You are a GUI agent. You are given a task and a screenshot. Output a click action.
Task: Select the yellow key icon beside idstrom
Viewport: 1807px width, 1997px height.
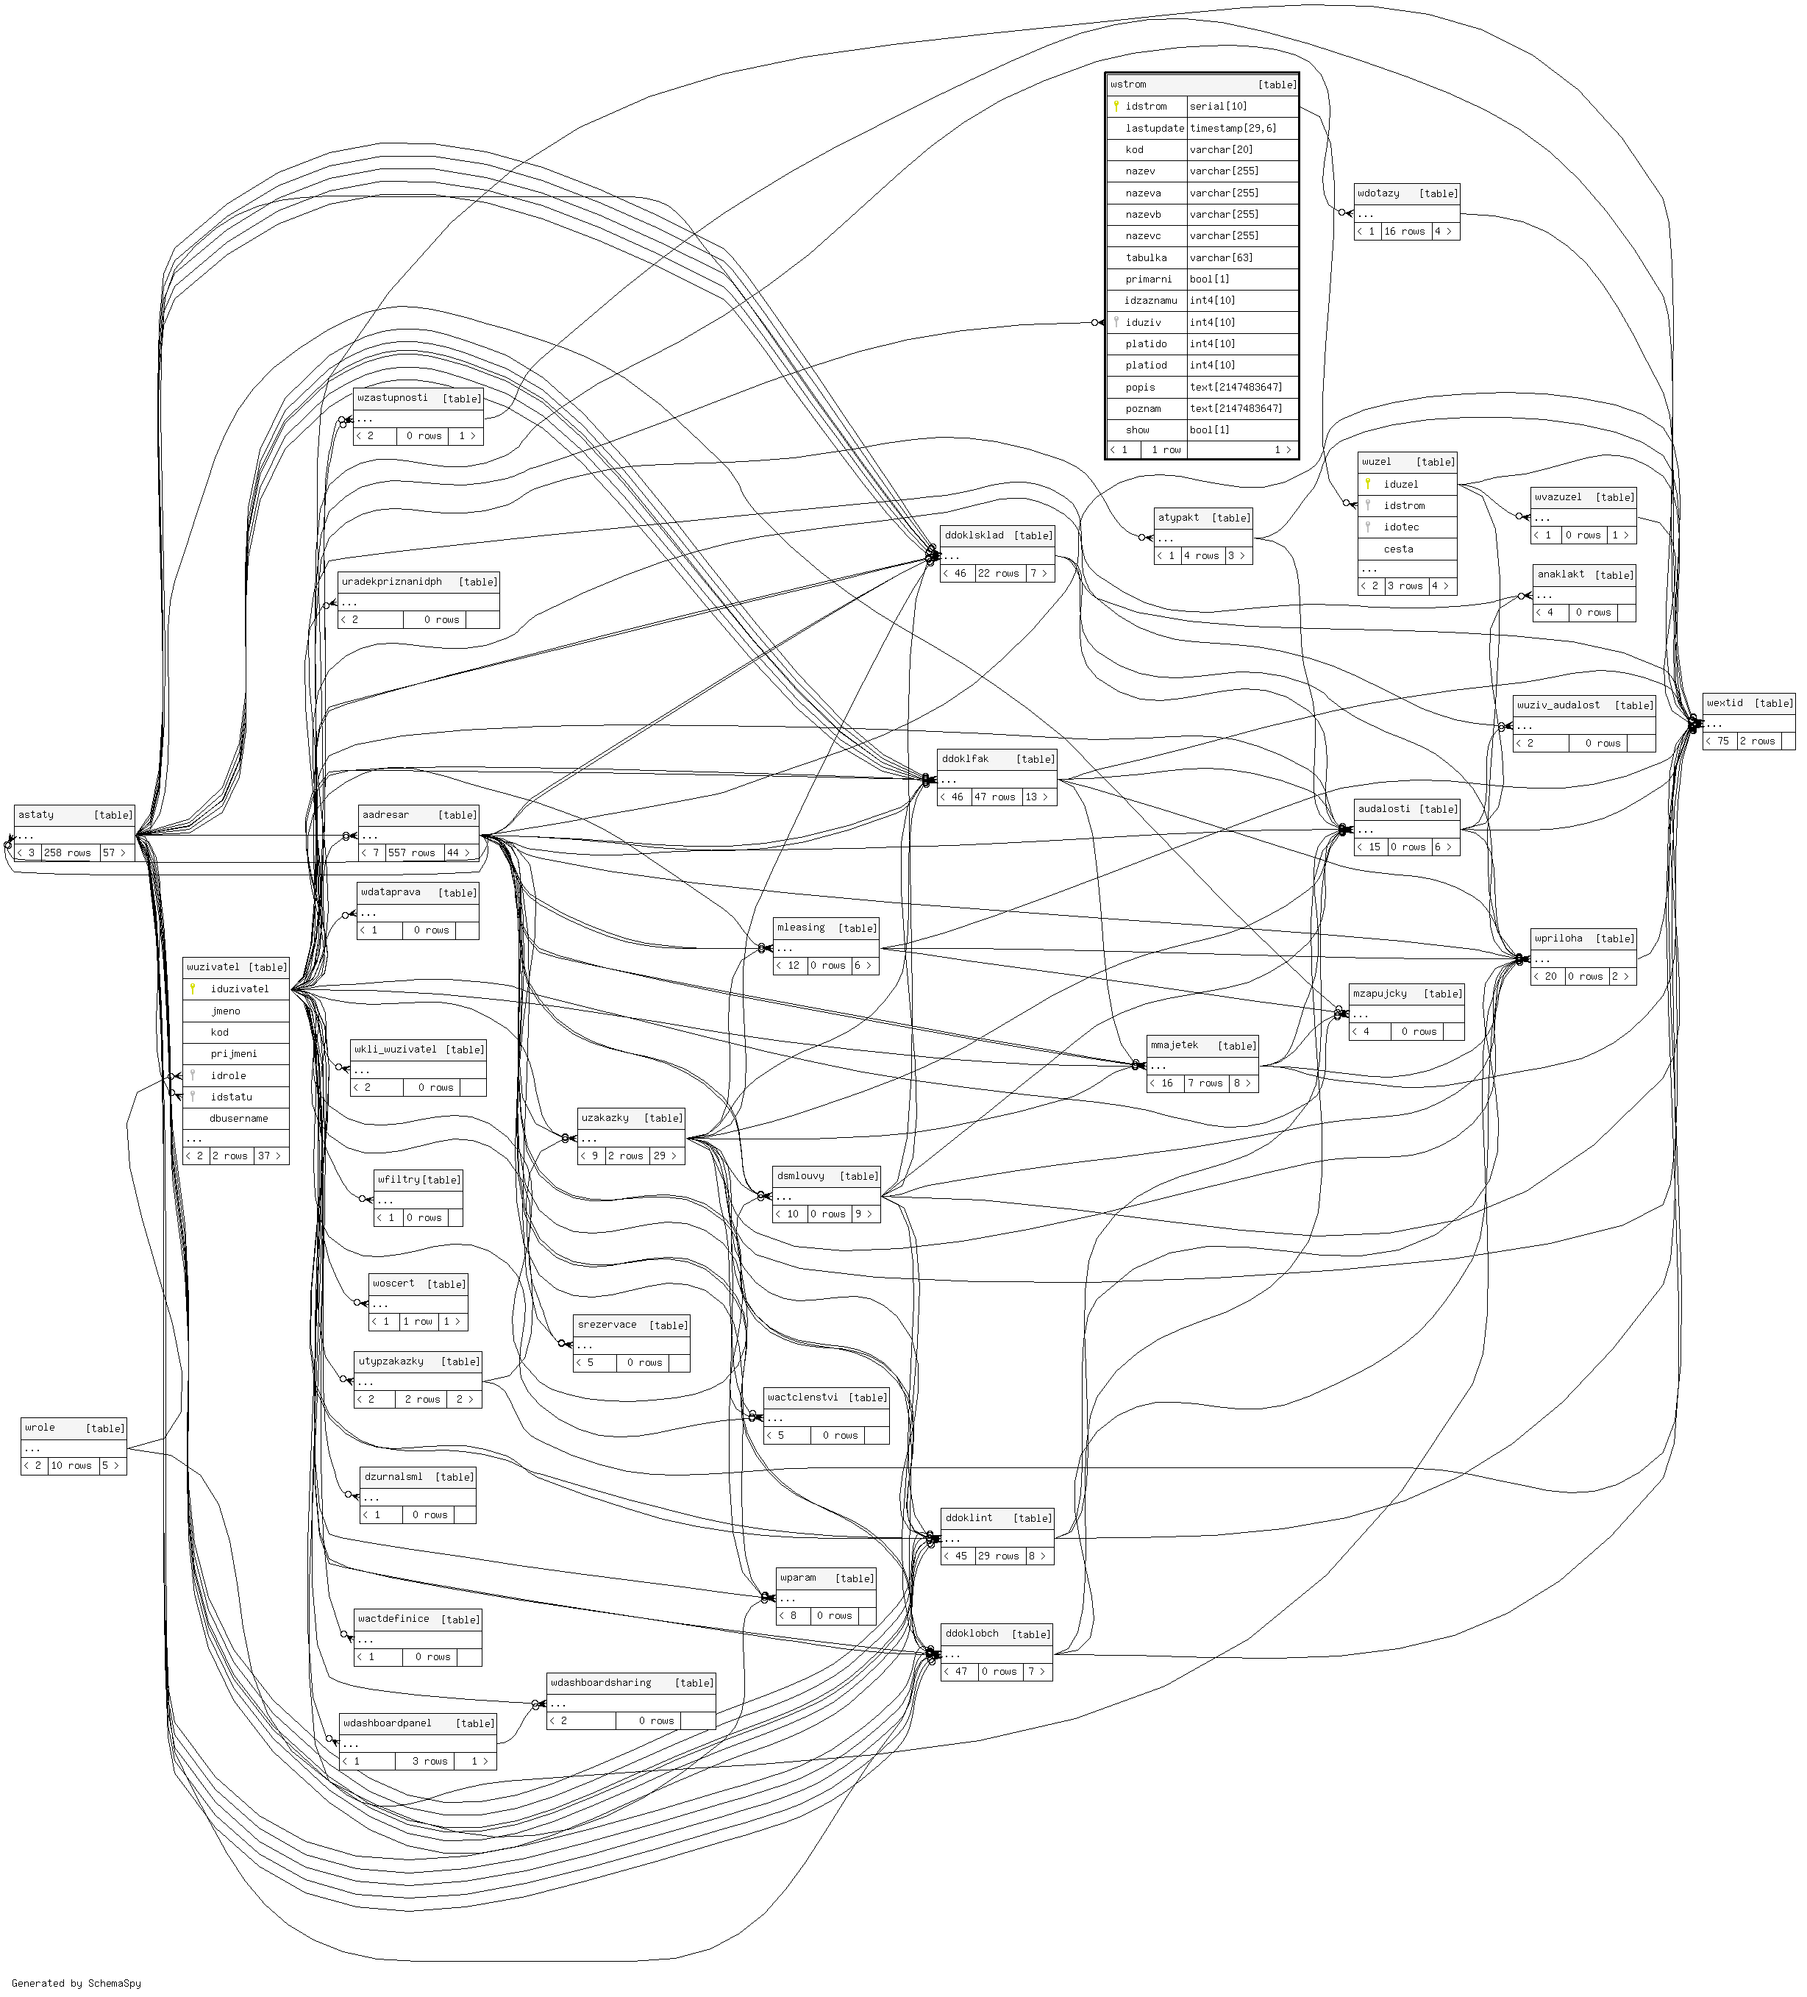click(x=1116, y=106)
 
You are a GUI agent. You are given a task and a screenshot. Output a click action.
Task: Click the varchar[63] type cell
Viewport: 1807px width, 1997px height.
click(x=1222, y=257)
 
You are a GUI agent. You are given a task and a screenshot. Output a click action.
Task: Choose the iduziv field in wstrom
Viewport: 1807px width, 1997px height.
click(x=1142, y=322)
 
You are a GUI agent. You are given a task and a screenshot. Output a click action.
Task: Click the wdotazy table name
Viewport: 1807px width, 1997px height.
click(x=1378, y=193)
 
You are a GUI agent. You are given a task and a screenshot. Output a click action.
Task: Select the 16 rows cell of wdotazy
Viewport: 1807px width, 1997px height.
click(x=1404, y=231)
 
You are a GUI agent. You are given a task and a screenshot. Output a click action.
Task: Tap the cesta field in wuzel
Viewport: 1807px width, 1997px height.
click(x=1398, y=549)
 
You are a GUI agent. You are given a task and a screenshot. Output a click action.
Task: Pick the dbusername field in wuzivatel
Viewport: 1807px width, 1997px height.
click(x=239, y=1118)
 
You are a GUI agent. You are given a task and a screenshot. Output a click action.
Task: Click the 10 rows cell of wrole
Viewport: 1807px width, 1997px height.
click(x=71, y=1465)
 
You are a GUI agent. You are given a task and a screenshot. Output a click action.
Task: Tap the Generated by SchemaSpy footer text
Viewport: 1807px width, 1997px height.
click(x=76, y=1983)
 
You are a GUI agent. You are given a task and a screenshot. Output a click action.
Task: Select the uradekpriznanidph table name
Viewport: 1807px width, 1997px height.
click(x=391, y=582)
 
